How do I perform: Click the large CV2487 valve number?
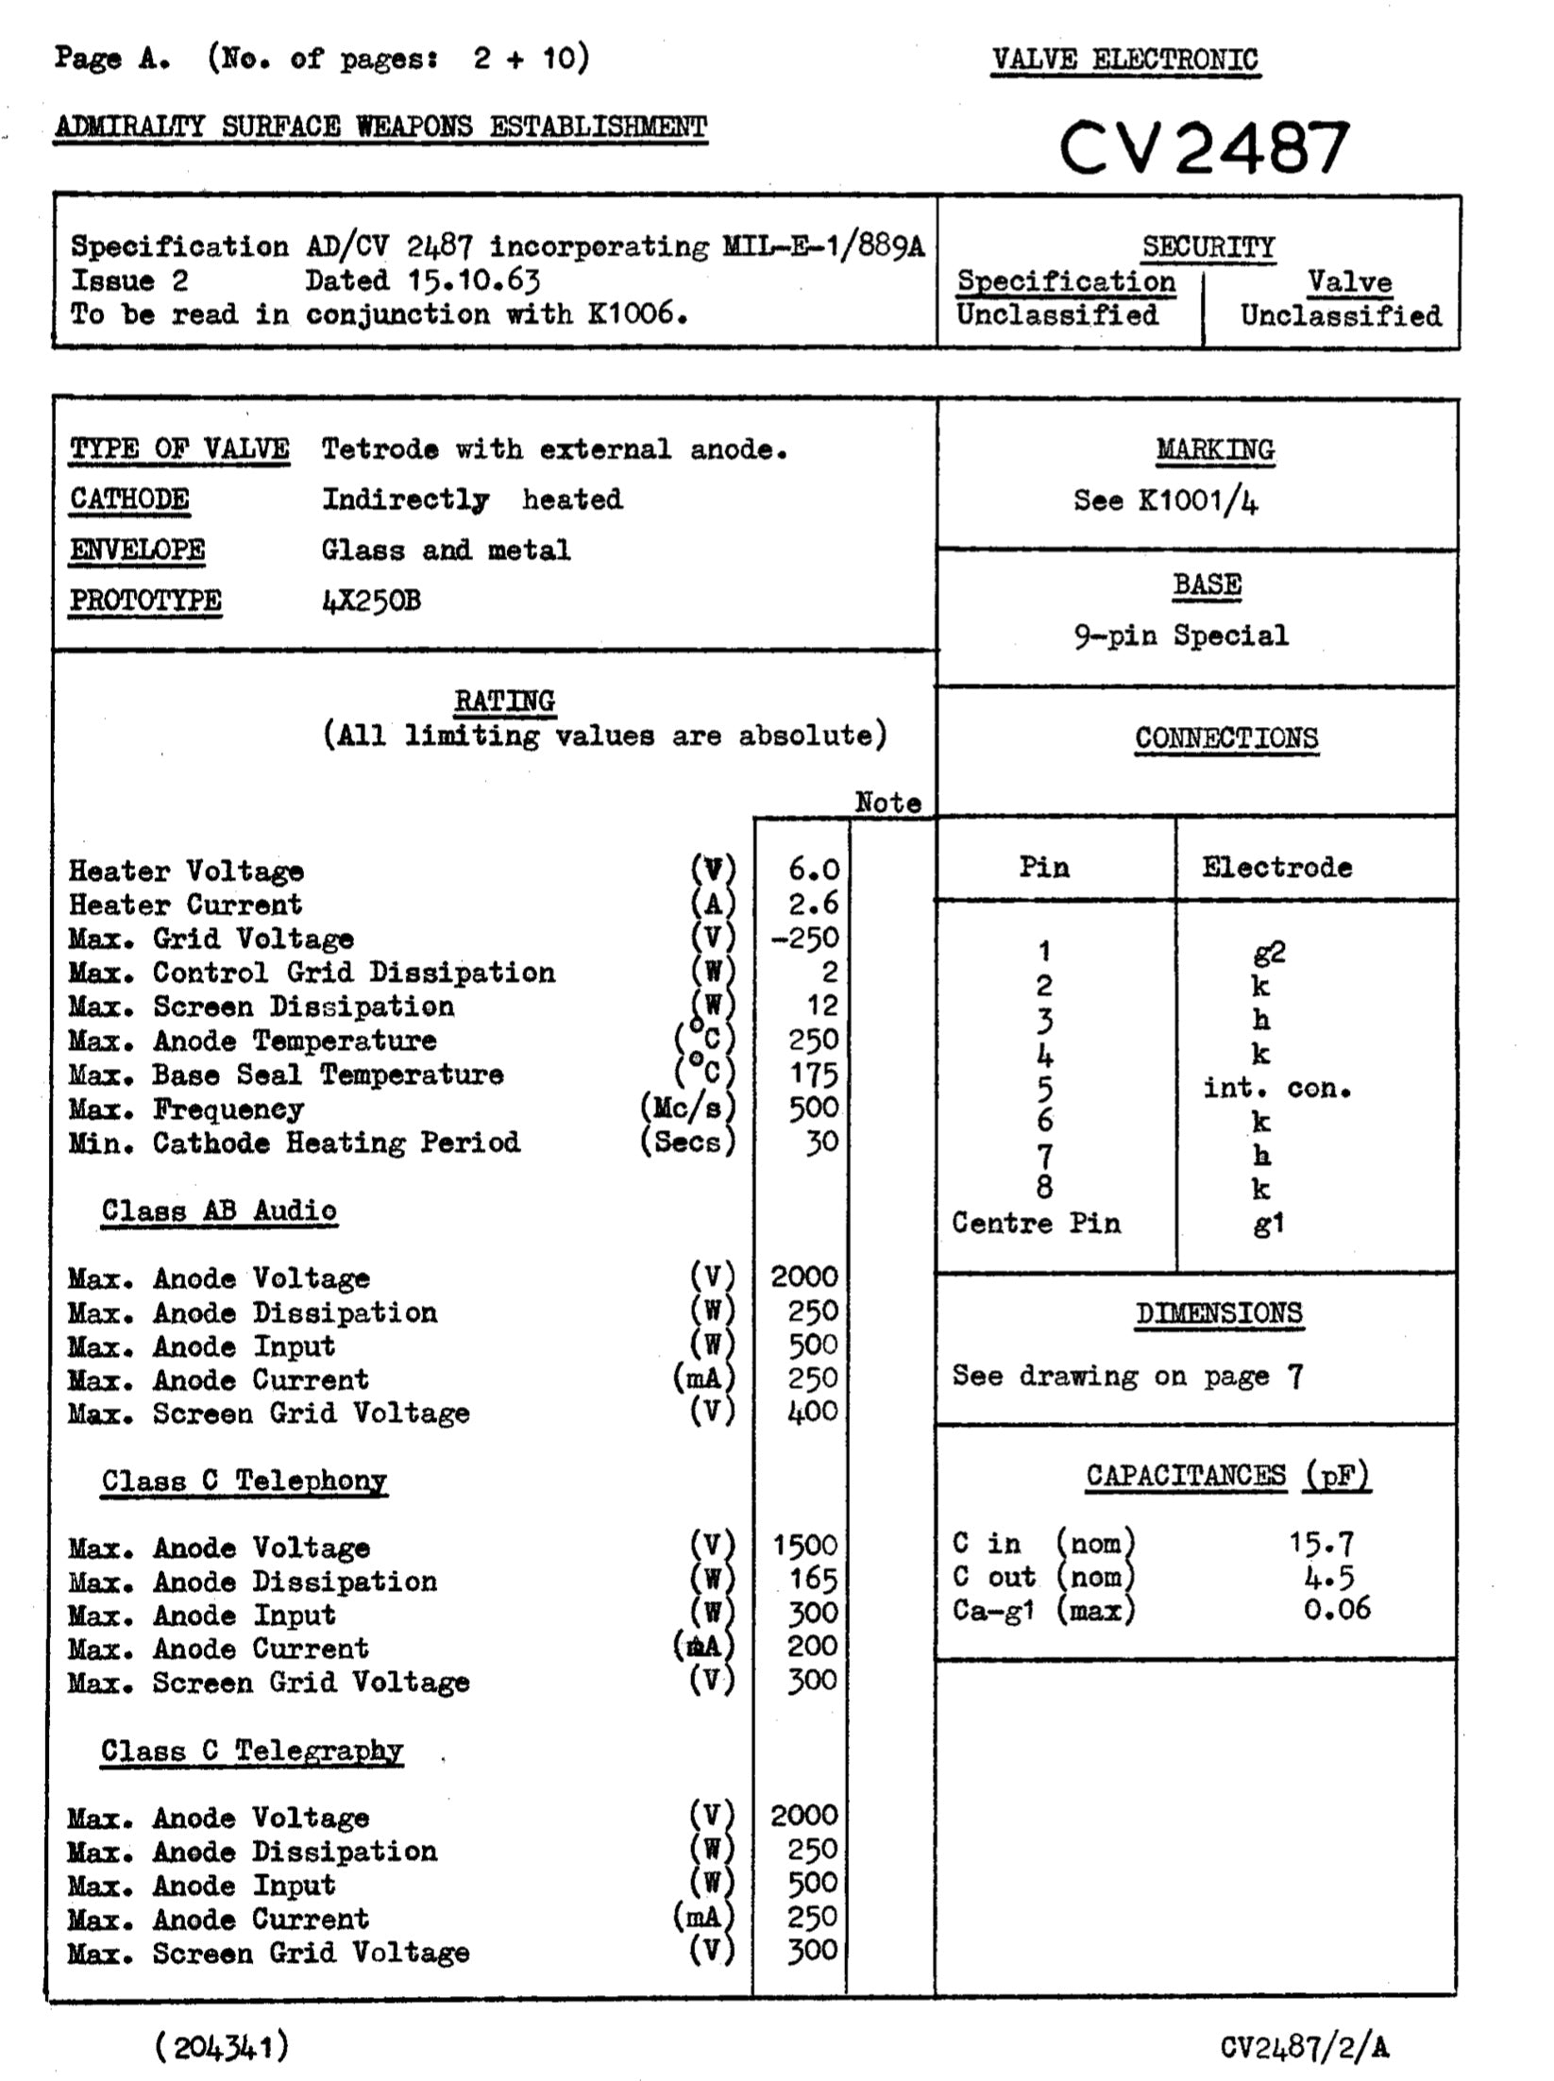click(x=1204, y=148)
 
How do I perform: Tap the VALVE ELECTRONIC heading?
click(x=1124, y=59)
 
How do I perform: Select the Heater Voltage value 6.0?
click(x=813, y=870)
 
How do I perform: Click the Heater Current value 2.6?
click(x=813, y=904)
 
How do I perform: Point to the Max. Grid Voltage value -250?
click(x=804, y=938)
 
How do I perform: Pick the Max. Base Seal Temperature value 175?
click(x=813, y=1074)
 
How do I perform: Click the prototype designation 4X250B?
click(x=371, y=601)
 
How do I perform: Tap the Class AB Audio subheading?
click(x=219, y=1210)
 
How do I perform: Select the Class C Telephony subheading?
click(x=245, y=1480)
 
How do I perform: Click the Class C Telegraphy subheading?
click(x=252, y=1751)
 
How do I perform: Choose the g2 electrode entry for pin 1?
click(x=1269, y=952)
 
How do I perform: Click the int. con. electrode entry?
click(x=1277, y=1088)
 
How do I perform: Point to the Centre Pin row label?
click(x=1036, y=1223)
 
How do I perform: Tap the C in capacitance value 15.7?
click(x=1322, y=1544)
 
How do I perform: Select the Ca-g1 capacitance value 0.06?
click(x=1337, y=1608)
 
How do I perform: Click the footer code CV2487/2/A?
click(x=1305, y=2046)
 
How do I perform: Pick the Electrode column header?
click(x=1276, y=867)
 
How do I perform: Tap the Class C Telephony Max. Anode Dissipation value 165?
click(x=813, y=1579)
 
